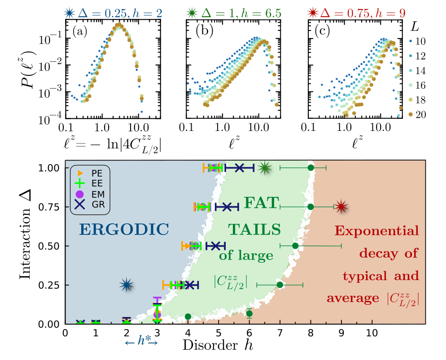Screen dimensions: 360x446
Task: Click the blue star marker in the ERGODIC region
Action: pos(127,284)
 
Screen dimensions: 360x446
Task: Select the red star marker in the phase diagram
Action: pos(341,207)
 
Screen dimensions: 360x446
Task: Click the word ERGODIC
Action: pos(124,229)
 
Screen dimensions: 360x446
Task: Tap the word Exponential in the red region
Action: pos(376,231)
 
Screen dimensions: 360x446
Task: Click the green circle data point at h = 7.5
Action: pos(295,246)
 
